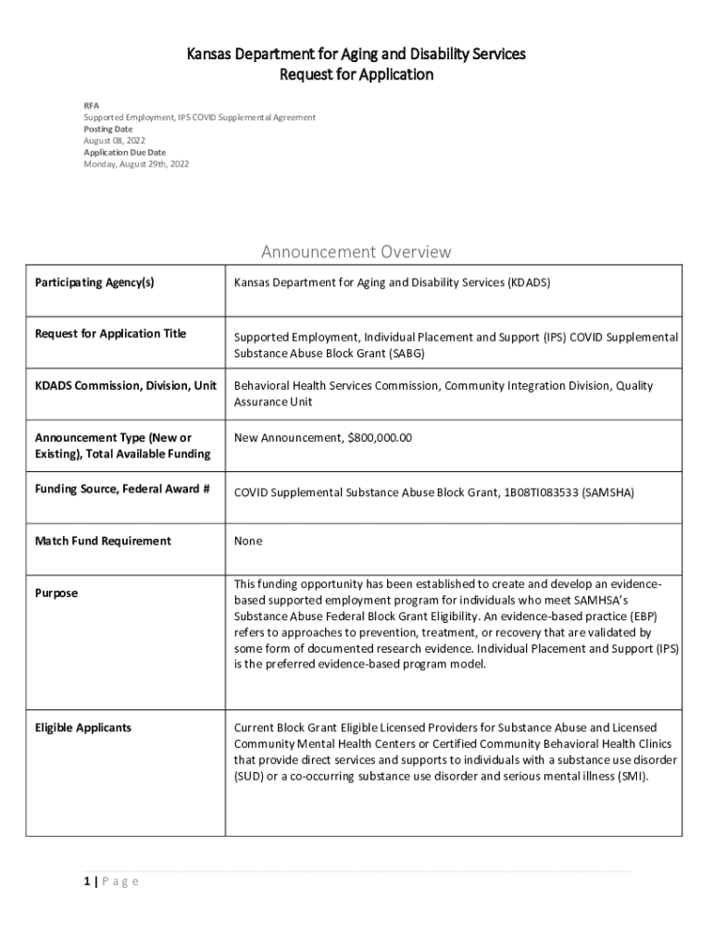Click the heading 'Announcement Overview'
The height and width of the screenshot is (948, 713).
pos(356,252)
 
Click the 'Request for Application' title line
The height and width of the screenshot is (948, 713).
pos(356,74)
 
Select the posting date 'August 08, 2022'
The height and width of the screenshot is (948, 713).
pos(115,141)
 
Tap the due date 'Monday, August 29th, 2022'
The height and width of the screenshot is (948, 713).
pos(136,164)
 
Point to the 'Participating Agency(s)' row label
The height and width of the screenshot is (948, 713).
pos(94,282)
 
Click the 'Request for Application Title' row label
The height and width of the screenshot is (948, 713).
pos(110,333)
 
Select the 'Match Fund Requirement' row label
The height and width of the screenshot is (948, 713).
pos(103,541)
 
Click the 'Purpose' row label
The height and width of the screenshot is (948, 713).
pos(56,592)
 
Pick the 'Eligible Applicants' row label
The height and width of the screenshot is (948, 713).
pos(83,728)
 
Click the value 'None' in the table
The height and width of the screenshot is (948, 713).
pos(248,541)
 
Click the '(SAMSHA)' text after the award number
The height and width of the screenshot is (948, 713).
pos(608,493)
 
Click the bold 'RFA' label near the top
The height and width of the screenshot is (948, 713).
pos(92,106)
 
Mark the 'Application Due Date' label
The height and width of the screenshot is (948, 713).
pos(124,152)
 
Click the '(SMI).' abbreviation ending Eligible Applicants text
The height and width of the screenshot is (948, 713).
pos(632,777)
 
